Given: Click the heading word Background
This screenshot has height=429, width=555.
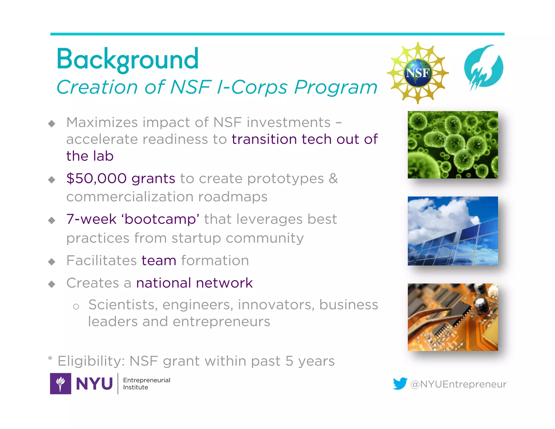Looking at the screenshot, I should tap(127, 59).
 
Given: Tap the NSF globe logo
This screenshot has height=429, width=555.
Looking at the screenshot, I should tap(418, 73).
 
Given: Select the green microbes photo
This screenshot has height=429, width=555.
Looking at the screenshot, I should tap(453, 145).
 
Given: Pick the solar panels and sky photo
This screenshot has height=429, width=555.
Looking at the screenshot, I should tap(453, 231).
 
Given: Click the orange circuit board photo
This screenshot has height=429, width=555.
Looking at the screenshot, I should tap(453, 317).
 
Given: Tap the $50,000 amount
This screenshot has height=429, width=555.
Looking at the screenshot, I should tap(96, 179).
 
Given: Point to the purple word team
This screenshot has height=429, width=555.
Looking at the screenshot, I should tap(159, 261).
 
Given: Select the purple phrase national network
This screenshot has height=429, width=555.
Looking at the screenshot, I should tap(194, 283).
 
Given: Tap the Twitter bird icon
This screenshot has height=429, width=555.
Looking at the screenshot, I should tap(400, 383).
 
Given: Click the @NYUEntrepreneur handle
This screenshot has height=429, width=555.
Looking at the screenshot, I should tap(458, 384).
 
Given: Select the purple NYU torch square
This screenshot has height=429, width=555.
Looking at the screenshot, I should tap(60, 383).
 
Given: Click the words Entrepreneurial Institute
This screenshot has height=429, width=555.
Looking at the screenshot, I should tap(146, 383).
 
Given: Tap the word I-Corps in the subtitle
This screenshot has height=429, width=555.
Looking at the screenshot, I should tap(252, 87).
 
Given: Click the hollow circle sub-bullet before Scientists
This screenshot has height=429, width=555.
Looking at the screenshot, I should tap(76, 307).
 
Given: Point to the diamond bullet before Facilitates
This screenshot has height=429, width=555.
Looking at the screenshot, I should tap(51, 262).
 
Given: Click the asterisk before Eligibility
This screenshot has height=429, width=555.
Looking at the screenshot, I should tap(50, 358).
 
